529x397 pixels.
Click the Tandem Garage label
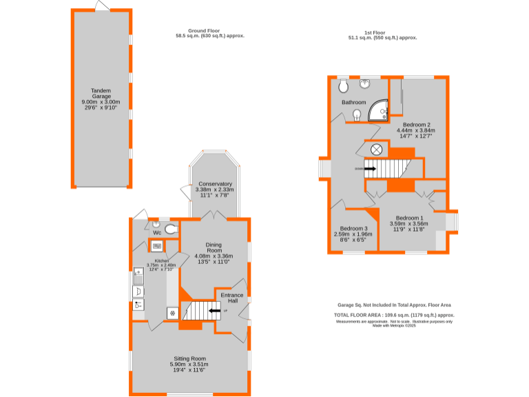(x=101, y=94)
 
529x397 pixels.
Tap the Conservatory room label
(x=214, y=184)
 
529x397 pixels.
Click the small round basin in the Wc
(x=156, y=224)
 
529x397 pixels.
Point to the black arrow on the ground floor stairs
(x=215, y=311)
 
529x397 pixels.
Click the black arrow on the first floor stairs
(x=370, y=168)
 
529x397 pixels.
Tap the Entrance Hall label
(x=232, y=298)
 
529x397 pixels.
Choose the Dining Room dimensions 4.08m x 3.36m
(x=214, y=256)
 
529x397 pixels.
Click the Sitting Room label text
(x=189, y=359)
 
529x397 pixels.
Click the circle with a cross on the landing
(x=377, y=150)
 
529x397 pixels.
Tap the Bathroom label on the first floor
(x=353, y=103)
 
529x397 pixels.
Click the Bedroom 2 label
(x=417, y=125)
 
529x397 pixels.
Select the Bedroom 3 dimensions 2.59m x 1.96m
(x=352, y=234)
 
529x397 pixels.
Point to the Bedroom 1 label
(x=409, y=218)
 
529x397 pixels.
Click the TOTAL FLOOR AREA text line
(x=394, y=314)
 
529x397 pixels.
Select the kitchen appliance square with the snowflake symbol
(x=172, y=313)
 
